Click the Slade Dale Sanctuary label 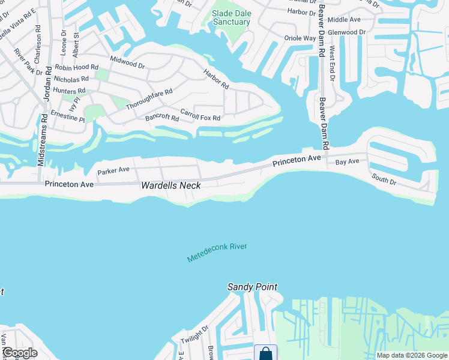click(231, 17)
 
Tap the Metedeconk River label click(217, 252)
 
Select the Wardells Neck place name click(170, 185)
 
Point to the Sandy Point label click(252, 287)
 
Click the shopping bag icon click(265, 353)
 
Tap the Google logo click(20, 353)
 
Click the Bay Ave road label click(347, 162)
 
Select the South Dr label click(384, 179)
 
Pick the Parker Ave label click(113, 170)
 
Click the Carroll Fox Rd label click(200, 114)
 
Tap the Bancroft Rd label click(162, 118)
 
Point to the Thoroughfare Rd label click(149, 99)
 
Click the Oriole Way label click(300, 38)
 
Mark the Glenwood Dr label click(346, 32)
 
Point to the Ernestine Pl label click(68, 115)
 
